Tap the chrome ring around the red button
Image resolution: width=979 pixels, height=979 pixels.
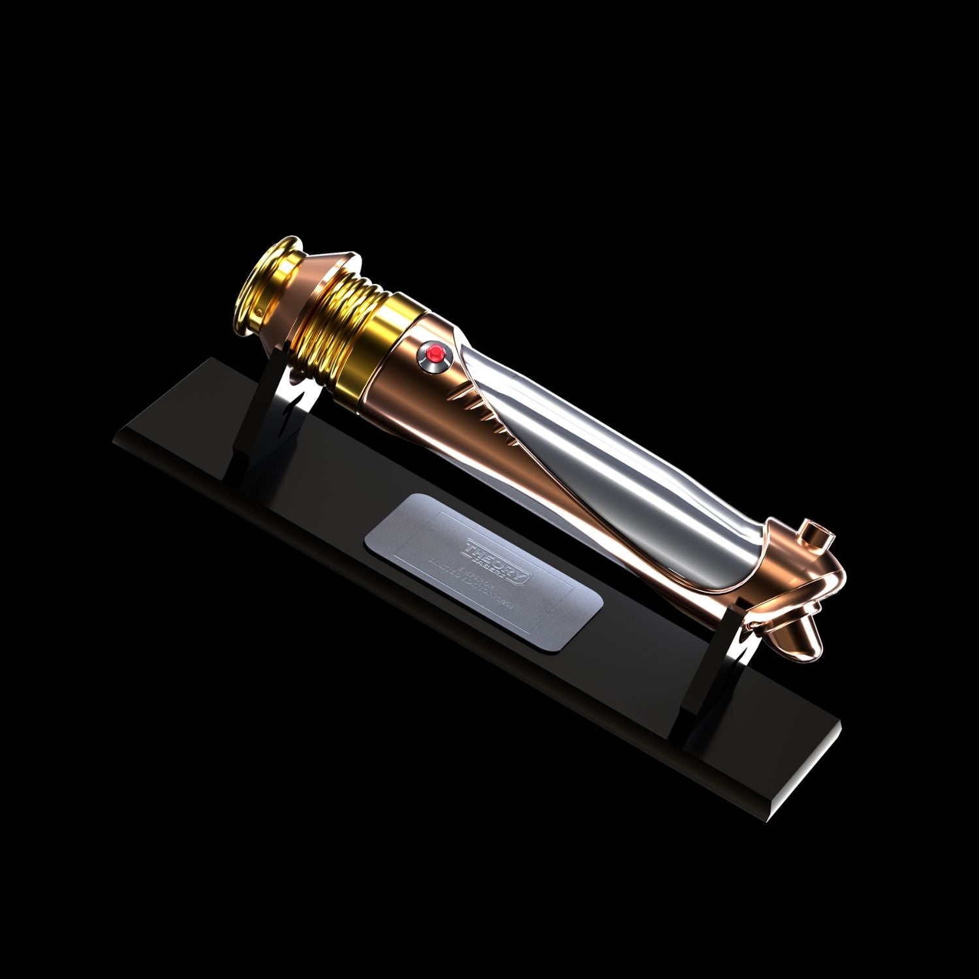[x=442, y=360]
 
